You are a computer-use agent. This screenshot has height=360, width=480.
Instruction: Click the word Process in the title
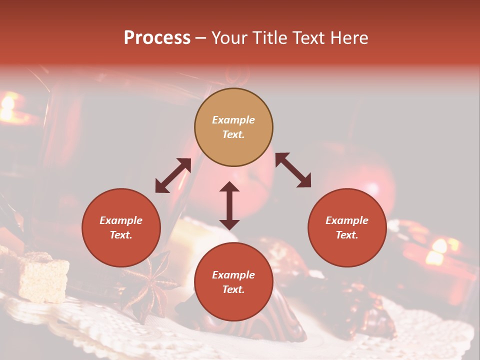157,38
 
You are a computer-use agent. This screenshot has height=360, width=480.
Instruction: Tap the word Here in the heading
348,38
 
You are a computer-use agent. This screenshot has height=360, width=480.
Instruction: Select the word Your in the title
229,38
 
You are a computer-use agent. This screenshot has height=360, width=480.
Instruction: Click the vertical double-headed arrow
229,205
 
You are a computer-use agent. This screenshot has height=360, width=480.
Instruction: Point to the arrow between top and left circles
173,175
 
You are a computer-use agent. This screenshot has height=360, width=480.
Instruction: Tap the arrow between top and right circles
293,170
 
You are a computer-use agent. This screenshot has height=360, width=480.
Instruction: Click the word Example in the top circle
233,120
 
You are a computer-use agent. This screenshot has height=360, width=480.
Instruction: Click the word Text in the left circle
121,235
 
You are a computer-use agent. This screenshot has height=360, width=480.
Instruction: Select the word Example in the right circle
347,220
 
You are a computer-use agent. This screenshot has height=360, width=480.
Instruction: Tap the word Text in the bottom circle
233,289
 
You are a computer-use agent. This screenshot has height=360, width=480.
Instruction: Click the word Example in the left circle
121,220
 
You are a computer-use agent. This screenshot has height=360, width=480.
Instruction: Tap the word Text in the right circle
347,235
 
